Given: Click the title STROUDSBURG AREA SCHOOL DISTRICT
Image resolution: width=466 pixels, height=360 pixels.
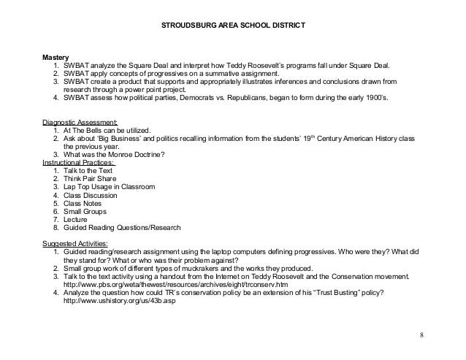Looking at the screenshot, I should click(x=232, y=26).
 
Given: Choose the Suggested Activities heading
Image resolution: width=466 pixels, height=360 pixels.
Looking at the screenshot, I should click(x=75, y=242).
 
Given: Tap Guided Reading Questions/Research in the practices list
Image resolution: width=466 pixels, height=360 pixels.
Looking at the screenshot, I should click(x=116, y=226).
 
